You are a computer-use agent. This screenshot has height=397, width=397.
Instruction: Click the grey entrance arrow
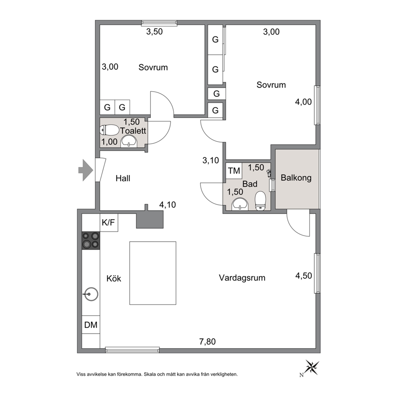click(x=86, y=170)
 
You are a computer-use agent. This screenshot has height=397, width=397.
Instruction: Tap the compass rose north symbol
click(x=311, y=367)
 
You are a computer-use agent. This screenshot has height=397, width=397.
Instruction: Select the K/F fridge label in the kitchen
click(x=108, y=222)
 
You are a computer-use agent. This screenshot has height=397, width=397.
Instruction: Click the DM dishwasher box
click(x=91, y=325)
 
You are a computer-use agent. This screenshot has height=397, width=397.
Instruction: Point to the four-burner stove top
click(x=91, y=241)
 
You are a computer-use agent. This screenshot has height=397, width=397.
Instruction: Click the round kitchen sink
click(x=91, y=294)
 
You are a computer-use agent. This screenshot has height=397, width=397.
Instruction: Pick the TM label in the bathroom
click(x=234, y=170)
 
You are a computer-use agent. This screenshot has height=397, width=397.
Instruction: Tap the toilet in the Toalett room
click(x=110, y=130)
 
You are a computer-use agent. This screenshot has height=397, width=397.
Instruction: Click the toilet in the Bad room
click(x=260, y=201)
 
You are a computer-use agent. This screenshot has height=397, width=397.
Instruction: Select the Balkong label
click(x=296, y=178)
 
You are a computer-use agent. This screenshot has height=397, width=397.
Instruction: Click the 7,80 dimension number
click(x=207, y=341)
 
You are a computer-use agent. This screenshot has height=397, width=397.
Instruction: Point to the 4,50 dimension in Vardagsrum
click(x=304, y=275)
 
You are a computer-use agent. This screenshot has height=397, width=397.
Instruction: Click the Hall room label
click(x=123, y=178)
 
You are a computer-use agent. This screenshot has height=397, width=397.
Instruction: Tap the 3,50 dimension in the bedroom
click(x=154, y=32)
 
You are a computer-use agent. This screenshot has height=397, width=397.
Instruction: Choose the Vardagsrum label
click(x=242, y=278)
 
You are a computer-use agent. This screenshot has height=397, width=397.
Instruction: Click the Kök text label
click(x=114, y=279)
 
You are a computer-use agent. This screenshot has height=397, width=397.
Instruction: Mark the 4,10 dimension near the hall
click(x=167, y=205)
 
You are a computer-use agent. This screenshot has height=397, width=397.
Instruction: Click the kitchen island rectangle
click(x=152, y=273)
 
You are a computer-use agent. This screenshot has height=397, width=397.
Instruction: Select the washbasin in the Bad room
click(x=240, y=204)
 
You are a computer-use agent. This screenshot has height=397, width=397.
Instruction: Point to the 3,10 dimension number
click(x=211, y=160)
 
